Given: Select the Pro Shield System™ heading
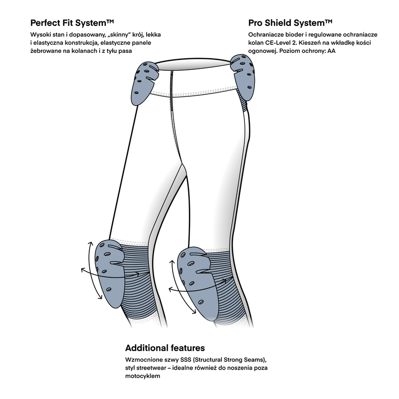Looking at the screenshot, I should pos(290,23).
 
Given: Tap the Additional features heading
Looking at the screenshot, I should pos(165,348).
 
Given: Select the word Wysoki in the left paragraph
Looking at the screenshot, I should pos(42,34).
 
